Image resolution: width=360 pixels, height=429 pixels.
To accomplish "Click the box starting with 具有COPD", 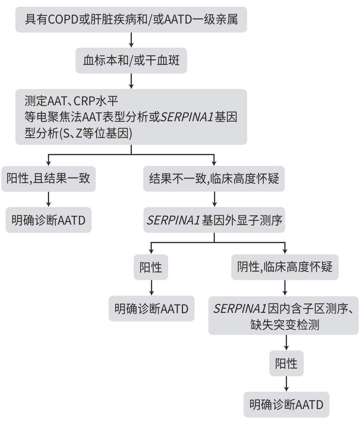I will [x=131, y=19].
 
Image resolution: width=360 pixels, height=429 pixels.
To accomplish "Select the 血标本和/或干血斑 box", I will [x=131, y=60].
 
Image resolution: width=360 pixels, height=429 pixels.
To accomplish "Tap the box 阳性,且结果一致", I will [x=49, y=179].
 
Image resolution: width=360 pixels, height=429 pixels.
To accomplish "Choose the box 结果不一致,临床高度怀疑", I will [x=214, y=179].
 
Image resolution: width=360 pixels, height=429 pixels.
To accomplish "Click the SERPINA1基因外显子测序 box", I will [x=214, y=220].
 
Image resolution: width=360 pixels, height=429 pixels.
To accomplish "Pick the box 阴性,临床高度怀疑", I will [x=285, y=267].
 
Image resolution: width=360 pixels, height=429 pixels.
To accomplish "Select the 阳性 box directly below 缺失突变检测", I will [x=286, y=363].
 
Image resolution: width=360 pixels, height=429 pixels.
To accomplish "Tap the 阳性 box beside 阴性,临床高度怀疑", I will [x=151, y=267].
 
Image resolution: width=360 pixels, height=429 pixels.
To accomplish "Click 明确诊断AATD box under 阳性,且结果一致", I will [x=49, y=220].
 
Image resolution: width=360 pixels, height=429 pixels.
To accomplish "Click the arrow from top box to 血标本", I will [x=131, y=40].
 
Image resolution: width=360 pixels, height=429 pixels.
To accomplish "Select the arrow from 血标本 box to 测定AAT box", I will [x=131, y=81].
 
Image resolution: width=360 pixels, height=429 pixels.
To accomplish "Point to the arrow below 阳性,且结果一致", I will [x=49, y=199].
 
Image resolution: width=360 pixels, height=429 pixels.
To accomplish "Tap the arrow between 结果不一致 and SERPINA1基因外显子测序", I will [x=214, y=199].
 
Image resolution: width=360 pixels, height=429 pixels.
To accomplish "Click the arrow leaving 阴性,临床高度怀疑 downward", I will [x=285, y=288].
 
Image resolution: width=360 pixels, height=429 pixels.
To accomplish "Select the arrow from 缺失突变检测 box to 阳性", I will [x=286, y=342].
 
